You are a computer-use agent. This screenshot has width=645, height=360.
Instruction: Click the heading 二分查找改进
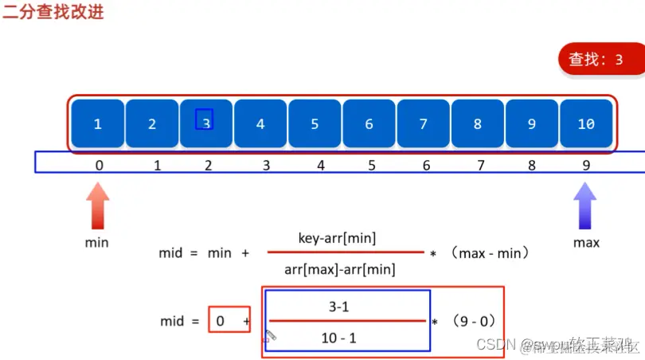(53, 13)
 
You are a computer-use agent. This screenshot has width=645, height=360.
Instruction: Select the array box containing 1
(97, 123)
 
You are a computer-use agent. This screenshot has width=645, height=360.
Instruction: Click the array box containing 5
(315, 123)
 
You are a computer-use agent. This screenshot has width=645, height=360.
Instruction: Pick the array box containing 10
(586, 123)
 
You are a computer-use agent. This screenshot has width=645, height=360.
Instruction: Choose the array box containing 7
(423, 123)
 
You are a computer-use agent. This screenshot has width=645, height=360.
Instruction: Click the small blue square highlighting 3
(205, 119)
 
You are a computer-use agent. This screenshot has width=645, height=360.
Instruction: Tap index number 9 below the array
(586, 165)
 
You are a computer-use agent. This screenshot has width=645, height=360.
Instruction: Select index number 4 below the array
(320, 165)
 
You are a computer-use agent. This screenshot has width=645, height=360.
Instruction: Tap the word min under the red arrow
(96, 242)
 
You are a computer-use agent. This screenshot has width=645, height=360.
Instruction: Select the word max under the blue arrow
(586, 242)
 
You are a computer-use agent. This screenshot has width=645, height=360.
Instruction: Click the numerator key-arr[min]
(337, 237)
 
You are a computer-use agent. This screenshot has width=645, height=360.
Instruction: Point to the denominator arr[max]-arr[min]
(340, 269)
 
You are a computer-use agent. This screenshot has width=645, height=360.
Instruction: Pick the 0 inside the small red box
(220, 321)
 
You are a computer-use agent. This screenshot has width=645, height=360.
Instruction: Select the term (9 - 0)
(474, 322)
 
